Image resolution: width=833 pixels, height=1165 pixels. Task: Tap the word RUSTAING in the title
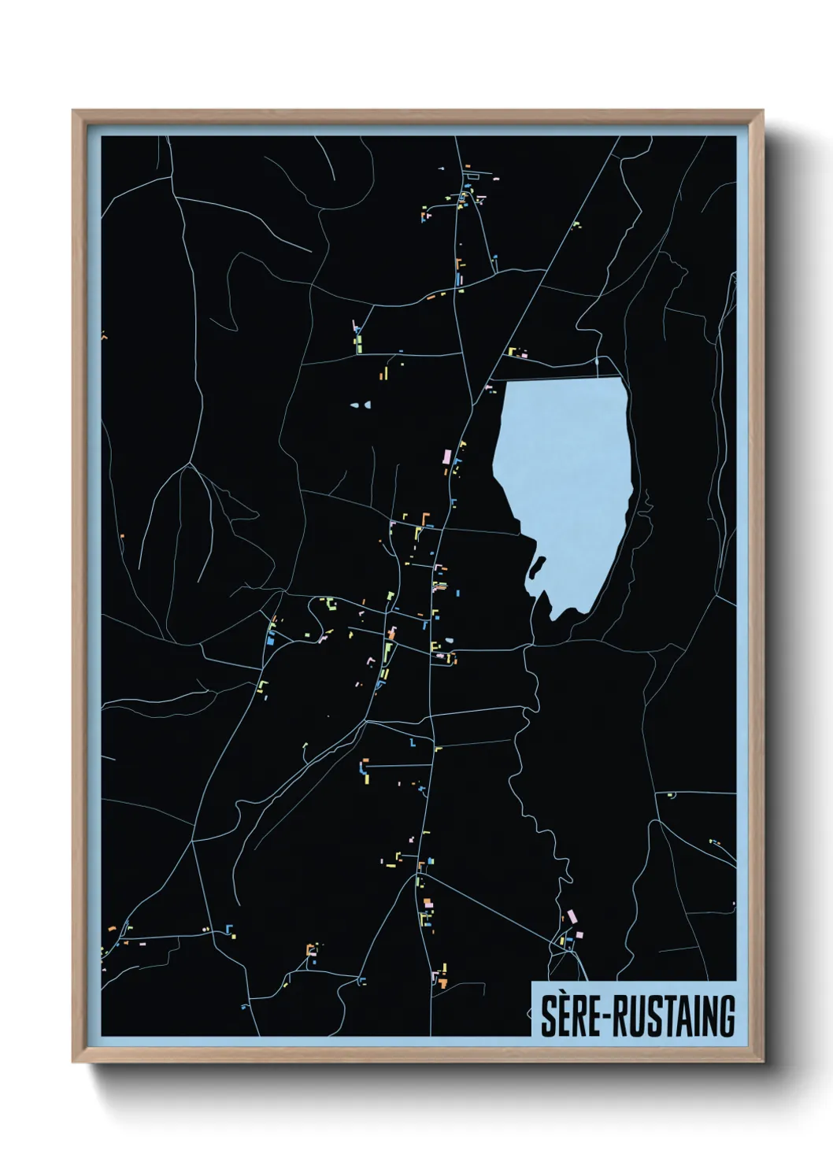pos(674,1016)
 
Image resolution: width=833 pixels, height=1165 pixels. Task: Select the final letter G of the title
pos(727,1016)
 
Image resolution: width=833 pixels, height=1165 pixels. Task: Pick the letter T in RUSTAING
pos(660,1016)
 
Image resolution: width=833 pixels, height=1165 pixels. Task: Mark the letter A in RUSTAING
pos(676,1016)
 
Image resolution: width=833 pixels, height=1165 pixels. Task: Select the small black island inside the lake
pos(539,565)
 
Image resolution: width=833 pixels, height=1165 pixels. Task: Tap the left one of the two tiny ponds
pos(354,405)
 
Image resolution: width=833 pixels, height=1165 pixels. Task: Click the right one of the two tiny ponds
pos(367,405)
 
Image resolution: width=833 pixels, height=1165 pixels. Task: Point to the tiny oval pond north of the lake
pos(597,361)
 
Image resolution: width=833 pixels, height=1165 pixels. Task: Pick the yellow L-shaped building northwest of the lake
pos(512,351)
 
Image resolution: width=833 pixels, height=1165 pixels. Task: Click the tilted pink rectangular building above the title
pos(572,916)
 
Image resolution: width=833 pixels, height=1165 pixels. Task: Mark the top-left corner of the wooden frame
pos(74,112)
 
